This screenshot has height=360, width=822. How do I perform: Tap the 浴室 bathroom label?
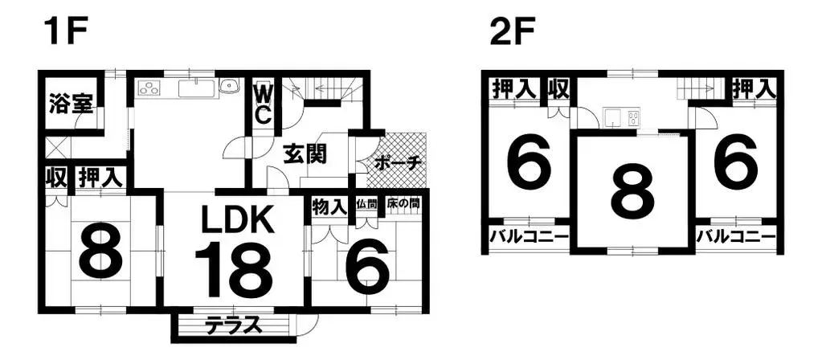click(72, 103)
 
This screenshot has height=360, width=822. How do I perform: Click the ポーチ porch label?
click(399, 163)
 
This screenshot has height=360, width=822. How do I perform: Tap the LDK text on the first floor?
click(239, 221)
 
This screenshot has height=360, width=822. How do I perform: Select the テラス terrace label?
click(233, 326)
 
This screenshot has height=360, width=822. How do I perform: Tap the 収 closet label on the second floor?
click(558, 89)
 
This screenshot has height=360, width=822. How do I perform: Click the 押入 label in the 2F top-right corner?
click(754, 88)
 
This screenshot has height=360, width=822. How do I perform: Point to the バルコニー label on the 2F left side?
click(529, 236)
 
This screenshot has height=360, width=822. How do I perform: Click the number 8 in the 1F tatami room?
click(101, 251)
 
